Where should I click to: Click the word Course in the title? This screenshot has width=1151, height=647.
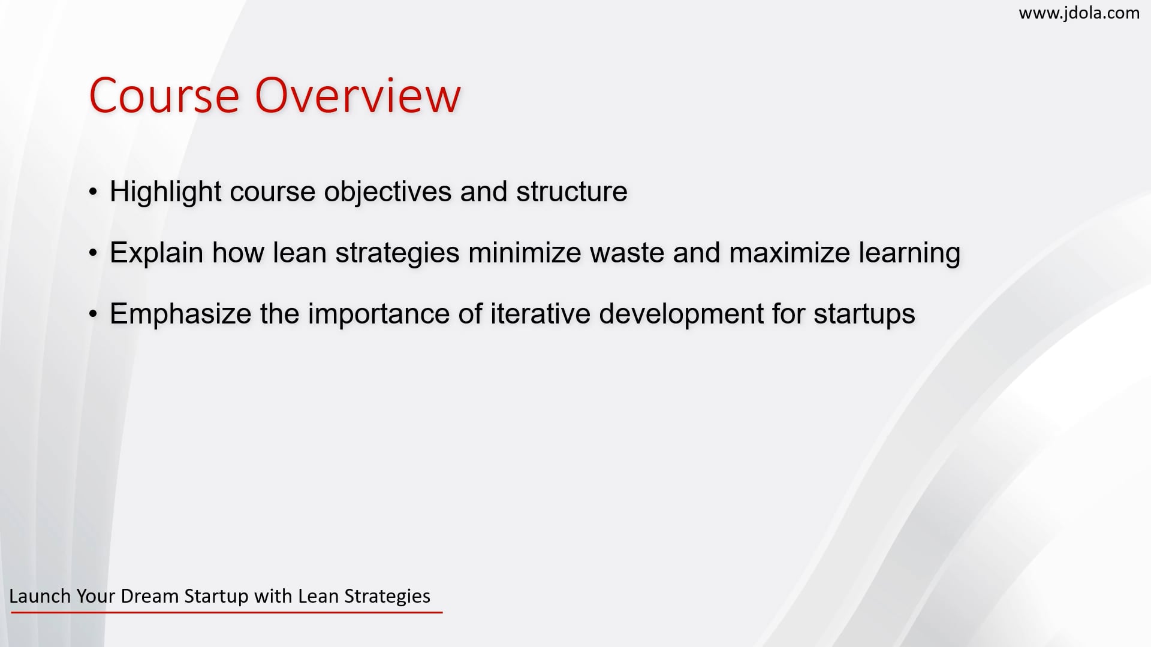[x=164, y=95]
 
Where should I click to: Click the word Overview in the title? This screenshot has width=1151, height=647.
[x=358, y=95]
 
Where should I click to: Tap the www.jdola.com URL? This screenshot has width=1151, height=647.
[x=1079, y=13]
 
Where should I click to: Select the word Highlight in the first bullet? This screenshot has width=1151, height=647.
[x=165, y=192]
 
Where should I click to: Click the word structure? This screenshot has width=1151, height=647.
[x=572, y=192]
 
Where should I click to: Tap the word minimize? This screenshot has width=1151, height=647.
[x=525, y=252]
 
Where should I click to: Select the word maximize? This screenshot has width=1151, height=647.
[x=790, y=252]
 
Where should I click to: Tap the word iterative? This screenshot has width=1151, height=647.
[x=540, y=314]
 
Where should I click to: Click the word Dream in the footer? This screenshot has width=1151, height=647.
[x=150, y=596]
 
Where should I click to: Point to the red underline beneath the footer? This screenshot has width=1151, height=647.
[x=227, y=612]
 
